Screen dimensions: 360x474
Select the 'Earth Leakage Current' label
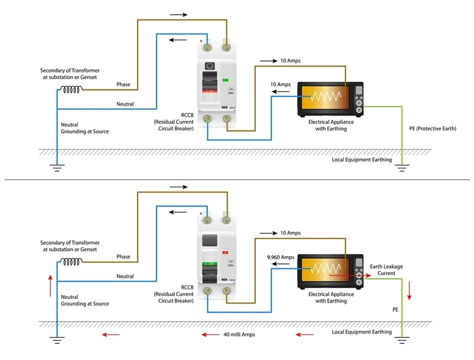[x=386, y=270]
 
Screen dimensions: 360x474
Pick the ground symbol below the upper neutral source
[x=57, y=168]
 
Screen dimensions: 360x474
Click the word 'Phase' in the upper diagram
[x=123, y=84]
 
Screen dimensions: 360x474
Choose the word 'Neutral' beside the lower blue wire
[x=124, y=276]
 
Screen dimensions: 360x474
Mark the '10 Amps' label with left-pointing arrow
[x=281, y=85]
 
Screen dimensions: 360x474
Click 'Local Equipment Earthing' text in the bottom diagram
[x=361, y=332]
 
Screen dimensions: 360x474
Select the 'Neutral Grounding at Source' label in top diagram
[x=85, y=128]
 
